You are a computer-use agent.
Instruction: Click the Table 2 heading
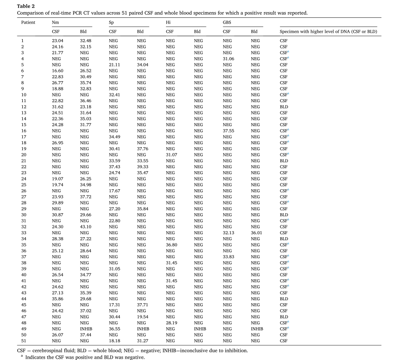coord(26,6)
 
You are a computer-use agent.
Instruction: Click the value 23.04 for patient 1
coord(57,40)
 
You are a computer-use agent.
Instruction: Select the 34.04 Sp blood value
coord(143,65)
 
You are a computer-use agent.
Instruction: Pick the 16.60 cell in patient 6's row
coord(57,71)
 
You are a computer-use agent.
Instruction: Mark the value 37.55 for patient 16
coord(229,132)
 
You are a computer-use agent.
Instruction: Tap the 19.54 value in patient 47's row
coord(143,316)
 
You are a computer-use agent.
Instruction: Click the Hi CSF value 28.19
coord(172,322)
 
